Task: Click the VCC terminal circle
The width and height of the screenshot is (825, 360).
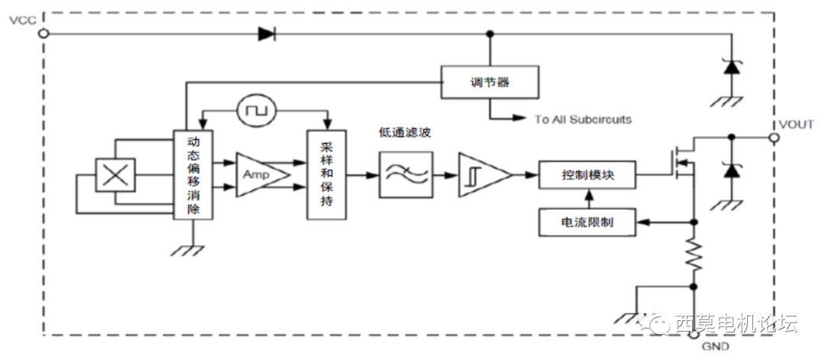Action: coord(44,33)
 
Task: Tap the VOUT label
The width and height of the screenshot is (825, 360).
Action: coord(796,123)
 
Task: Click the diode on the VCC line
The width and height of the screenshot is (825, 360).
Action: coord(267,33)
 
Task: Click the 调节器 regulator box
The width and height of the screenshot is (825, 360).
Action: coord(490,82)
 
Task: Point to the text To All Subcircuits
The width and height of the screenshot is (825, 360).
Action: coord(583,119)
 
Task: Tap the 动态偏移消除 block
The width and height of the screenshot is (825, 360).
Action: coord(192,175)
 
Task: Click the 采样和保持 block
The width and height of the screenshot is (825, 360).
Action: coord(326,175)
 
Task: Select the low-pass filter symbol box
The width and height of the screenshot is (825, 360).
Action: coord(405,175)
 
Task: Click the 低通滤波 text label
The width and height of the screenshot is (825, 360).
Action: coord(404,133)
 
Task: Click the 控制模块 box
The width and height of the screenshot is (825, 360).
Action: coord(587,176)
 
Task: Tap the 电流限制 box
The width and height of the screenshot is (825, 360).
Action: coord(587,222)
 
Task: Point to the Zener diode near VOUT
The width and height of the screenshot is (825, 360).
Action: coord(732,170)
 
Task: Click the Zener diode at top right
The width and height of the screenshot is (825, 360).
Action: coord(732,66)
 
